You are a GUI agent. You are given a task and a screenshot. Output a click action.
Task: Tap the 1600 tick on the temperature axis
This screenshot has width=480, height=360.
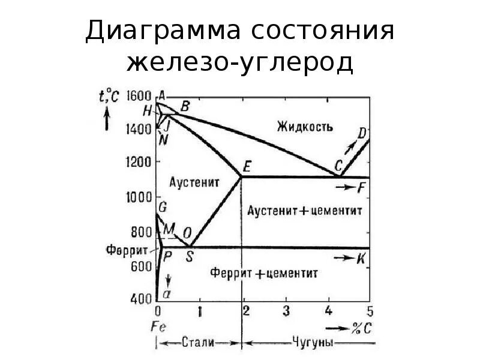[139, 95]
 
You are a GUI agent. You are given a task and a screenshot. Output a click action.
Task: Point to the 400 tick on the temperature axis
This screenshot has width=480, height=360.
[140, 298]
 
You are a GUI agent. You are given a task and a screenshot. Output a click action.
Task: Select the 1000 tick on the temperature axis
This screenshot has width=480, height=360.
[139, 197]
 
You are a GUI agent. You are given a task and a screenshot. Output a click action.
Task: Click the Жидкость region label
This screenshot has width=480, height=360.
[305, 126]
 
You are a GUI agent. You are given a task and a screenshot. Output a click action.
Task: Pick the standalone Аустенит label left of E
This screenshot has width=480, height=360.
[194, 181]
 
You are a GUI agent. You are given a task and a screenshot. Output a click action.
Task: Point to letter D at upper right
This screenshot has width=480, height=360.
[362, 133]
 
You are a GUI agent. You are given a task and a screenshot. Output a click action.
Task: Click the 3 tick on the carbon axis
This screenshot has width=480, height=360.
[286, 311]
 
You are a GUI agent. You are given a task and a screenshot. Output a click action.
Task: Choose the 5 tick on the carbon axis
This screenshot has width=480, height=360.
[370, 311]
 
